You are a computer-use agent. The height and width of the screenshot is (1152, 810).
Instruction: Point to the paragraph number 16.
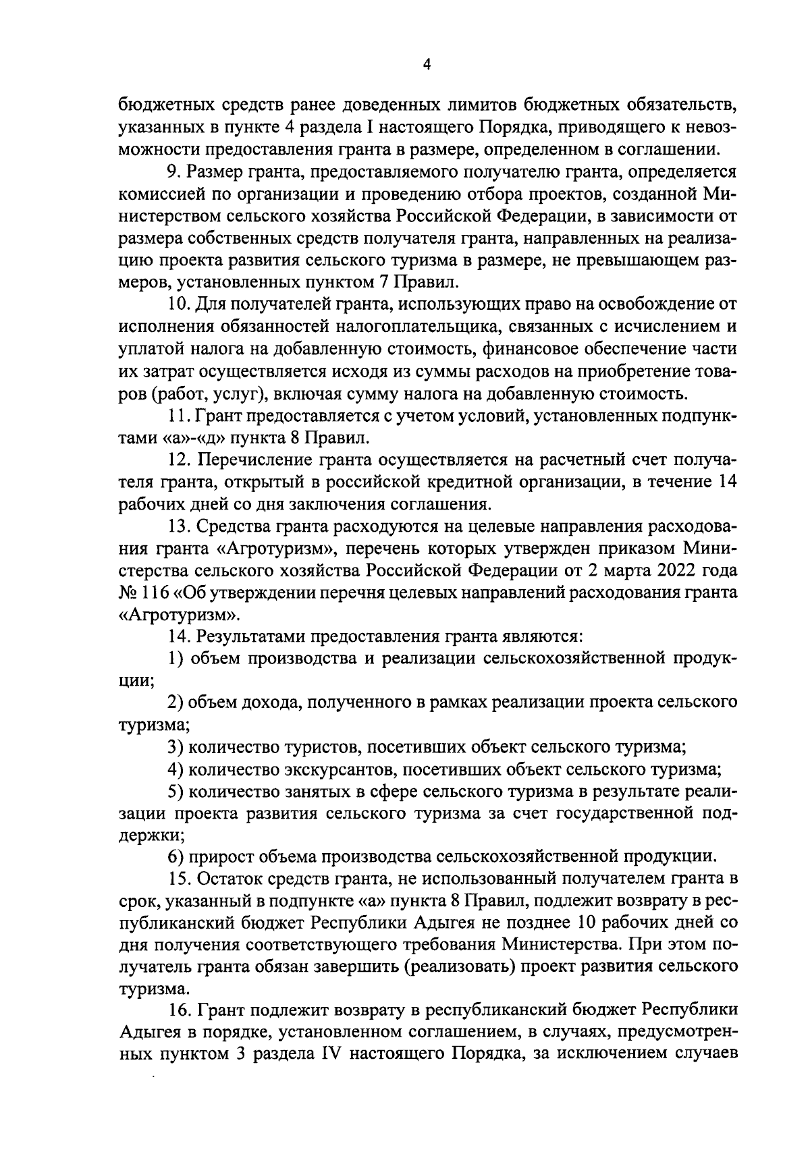pyautogui.click(x=179, y=1011)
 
